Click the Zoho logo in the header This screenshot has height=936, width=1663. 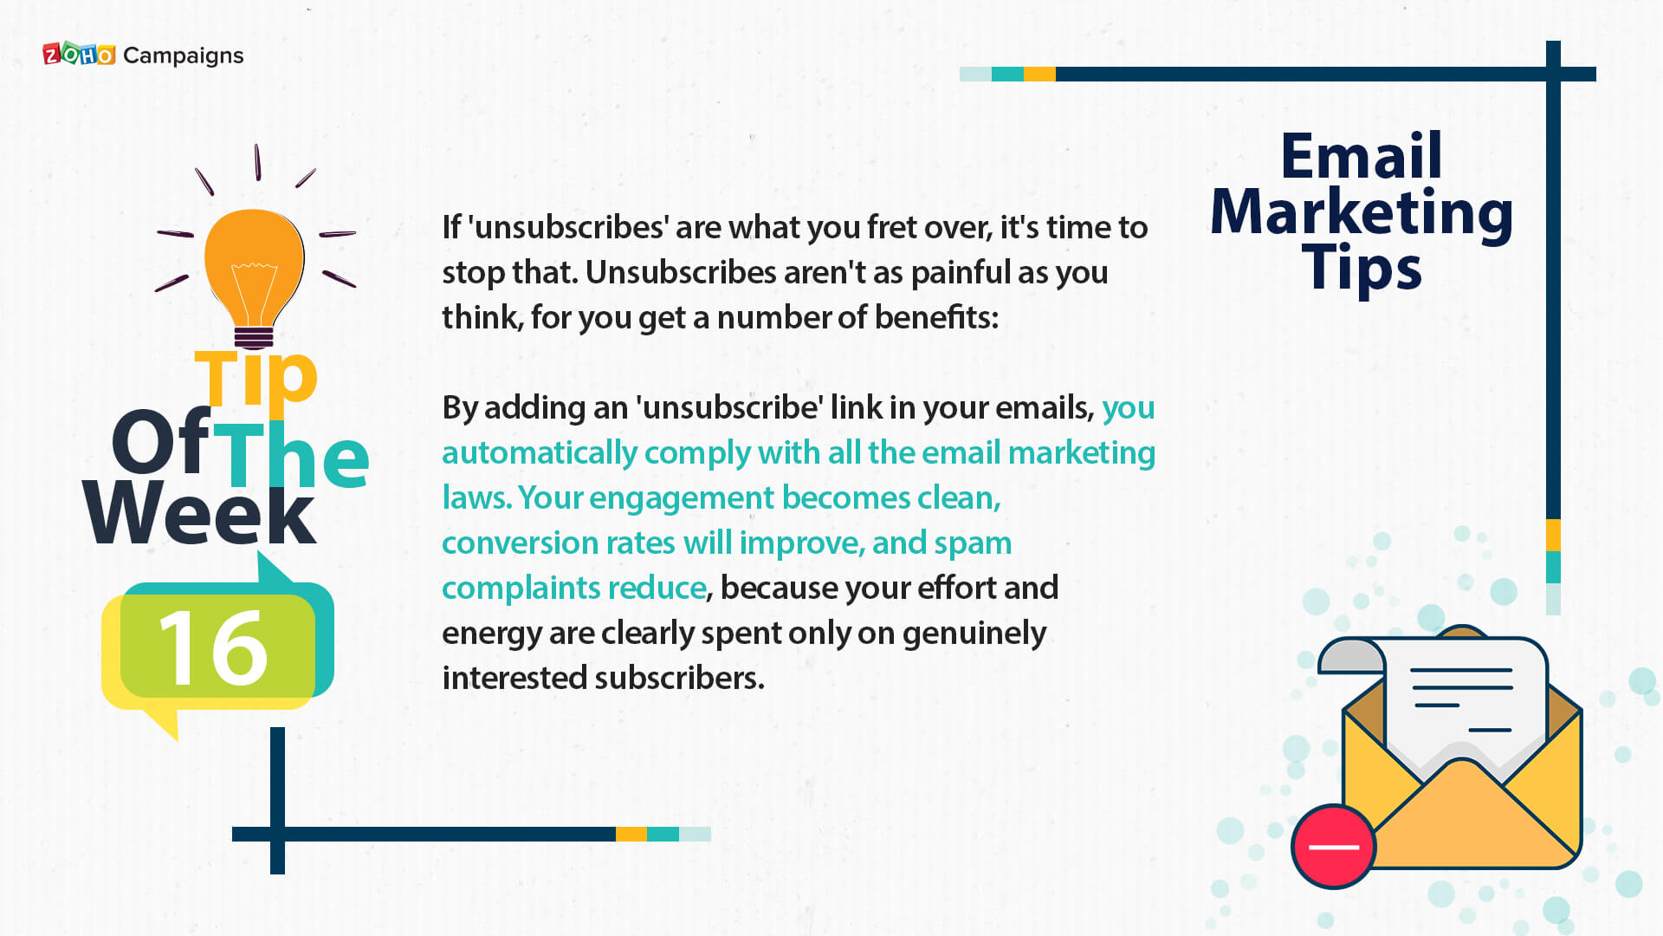click(x=79, y=55)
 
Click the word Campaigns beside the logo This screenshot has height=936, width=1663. click(x=184, y=56)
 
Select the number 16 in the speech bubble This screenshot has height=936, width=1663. click(x=213, y=647)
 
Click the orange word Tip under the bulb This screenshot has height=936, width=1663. click(x=256, y=378)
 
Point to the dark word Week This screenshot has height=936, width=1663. click(x=200, y=513)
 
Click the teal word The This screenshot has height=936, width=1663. click(x=291, y=454)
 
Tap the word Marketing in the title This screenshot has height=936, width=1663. click(x=1361, y=213)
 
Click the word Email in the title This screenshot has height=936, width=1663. click(x=1362, y=156)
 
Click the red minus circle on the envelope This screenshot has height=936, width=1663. click(x=1333, y=847)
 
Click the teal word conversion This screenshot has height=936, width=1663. click(x=514, y=543)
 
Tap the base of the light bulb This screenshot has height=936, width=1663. click(x=254, y=337)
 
